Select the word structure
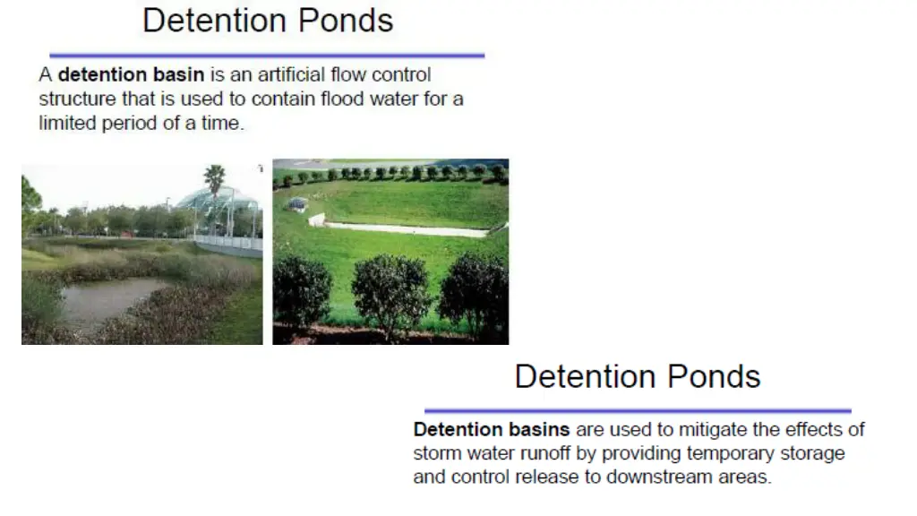coord(77,99)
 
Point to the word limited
coord(65,123)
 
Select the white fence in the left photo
coord(228,242)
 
